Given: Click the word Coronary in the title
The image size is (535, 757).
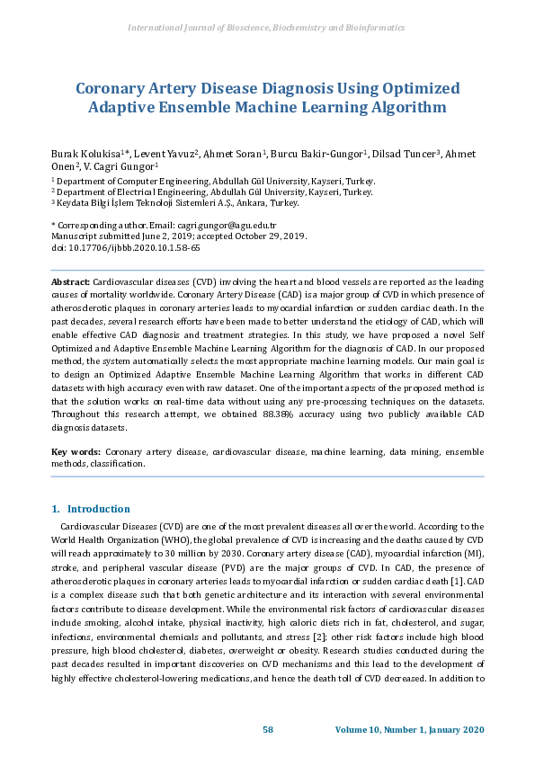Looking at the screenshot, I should [x=112, y=88].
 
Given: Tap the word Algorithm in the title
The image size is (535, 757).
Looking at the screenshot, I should [x=401, y=108].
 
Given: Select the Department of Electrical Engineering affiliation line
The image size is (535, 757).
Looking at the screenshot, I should [x=211, y=191].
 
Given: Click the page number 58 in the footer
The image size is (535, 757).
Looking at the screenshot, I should [x=267, y=728].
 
